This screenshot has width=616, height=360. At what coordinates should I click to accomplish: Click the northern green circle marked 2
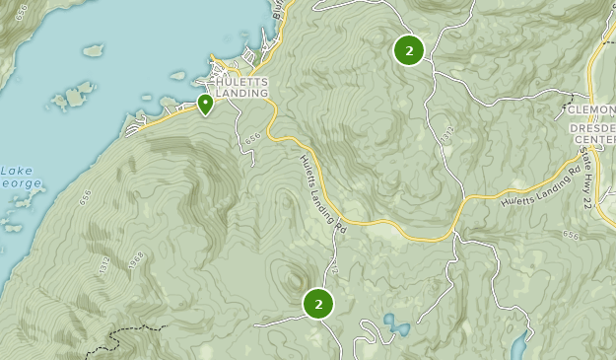pyautogui.click(x=408, y=49)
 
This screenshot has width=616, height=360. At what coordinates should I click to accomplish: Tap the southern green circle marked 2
pyautogui.click(x=318, y=304)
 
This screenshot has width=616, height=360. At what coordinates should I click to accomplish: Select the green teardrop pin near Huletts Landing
pyautogui.click(x=205, y=104)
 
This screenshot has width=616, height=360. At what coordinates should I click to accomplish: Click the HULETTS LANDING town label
pyautogui.click(x=237, y=88)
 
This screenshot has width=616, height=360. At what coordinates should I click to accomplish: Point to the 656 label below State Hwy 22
pyautogui.click(x=571, y=235)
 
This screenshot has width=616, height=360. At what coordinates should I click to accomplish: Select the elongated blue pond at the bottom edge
pyautogui.click(x=518, y=345)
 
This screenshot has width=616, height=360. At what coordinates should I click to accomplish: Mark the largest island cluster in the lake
pyautogui.click(x=69, y=99)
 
